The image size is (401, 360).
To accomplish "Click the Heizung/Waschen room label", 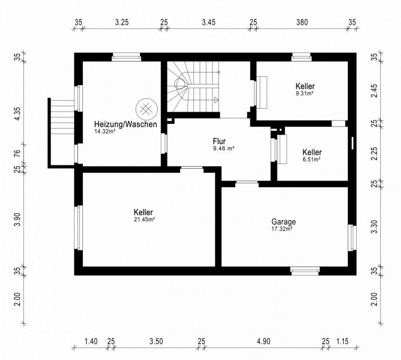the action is [126, 125].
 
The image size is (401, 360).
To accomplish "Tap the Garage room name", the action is [284, 222].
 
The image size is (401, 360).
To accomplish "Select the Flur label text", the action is [219, 141].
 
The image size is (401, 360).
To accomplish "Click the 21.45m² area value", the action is [145, 219].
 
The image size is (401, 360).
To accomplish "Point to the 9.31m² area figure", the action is [305, 93].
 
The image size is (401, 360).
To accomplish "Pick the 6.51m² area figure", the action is [312, 159].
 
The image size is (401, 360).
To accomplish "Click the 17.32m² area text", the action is [282, 229].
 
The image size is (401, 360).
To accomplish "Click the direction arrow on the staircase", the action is [217, 100].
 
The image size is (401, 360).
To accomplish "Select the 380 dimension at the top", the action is [302, 23].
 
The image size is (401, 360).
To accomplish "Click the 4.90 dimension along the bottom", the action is [264, 341].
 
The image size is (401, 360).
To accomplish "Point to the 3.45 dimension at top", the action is [208, 23].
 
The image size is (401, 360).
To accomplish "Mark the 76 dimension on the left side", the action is [17, 154].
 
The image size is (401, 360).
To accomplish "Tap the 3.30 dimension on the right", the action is [374, 227].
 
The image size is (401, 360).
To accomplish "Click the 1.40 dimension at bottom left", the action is [91, 341].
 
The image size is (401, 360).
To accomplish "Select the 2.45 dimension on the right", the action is [374, 91].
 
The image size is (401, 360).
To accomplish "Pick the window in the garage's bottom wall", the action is [305, 271].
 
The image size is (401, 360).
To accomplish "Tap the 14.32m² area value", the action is [105, 132].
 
